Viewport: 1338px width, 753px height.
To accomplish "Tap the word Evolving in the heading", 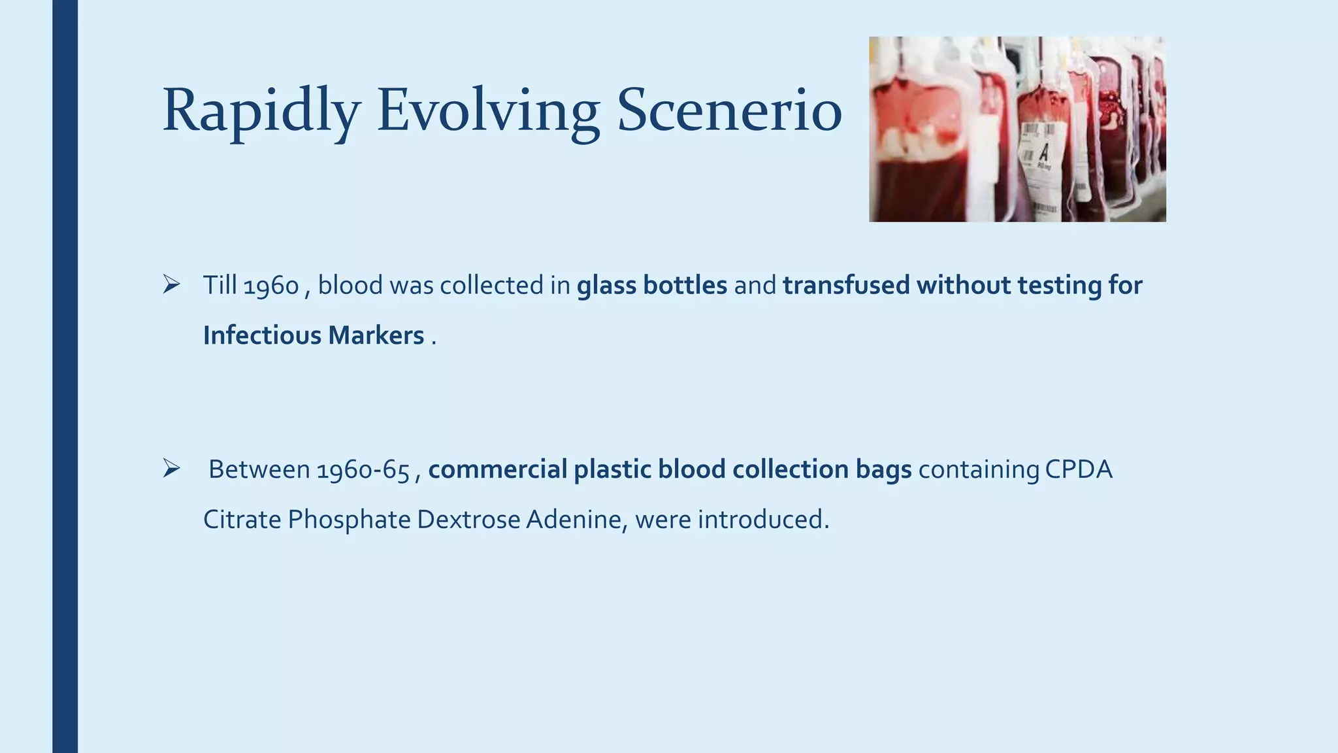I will click(x=487, y=111).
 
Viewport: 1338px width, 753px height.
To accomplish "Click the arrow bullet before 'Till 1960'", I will click(x=171, y=284).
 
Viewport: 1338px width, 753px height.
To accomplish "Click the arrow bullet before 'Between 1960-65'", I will click(x=171, y=469).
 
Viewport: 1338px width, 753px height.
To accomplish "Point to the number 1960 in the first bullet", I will click(x=270, y=286).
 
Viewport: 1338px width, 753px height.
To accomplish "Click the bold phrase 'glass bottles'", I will click(x=651, y=286).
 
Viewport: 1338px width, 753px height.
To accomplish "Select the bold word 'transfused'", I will click(x=846, y=286).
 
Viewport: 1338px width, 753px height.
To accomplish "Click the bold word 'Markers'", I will click(x=376, y=335).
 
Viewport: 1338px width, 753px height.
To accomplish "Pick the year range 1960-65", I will click(x=363, y=470).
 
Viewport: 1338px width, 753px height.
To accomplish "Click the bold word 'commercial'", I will click(x=497, y=470).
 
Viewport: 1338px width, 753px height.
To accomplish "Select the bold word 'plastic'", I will click(x=612, y=470).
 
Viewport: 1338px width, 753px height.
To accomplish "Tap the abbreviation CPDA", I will click(x=1078, y=470).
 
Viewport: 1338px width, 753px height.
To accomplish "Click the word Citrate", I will click(x=242, y=520).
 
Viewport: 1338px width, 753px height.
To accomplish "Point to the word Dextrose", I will click(x=468, y=520).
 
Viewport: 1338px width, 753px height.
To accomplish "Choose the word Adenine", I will click(x=576, y=520).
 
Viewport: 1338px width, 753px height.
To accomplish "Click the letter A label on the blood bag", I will click(x=1043, y=153).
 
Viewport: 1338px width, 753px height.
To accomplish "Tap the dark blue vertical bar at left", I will click(x=65, y=376).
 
